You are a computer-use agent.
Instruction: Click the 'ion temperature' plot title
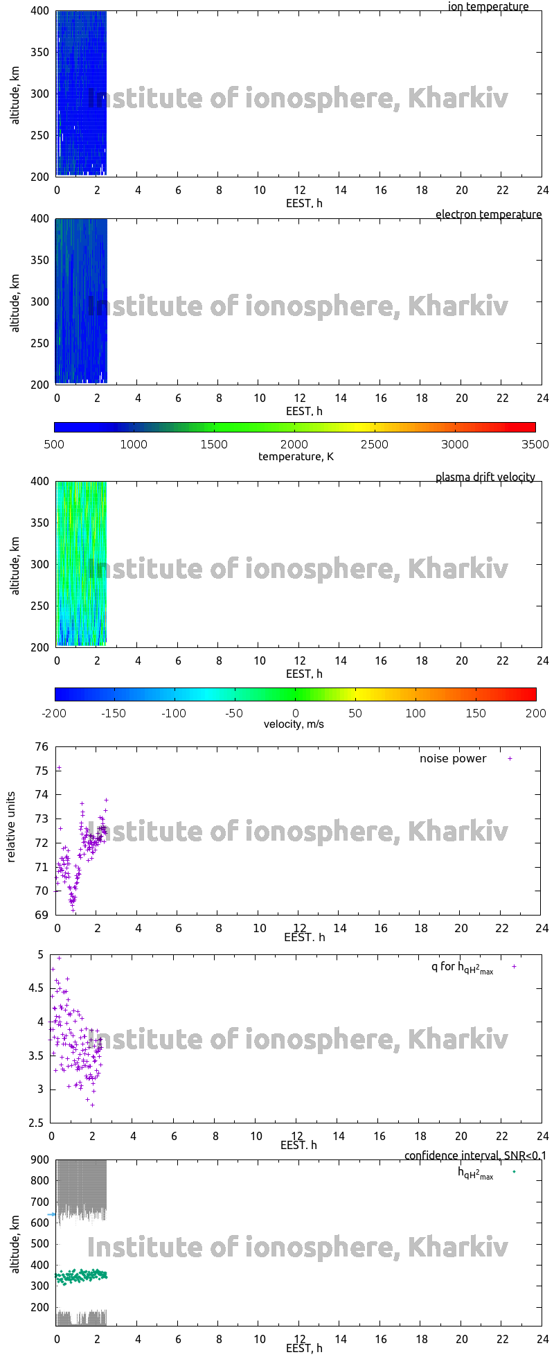pos(488,7)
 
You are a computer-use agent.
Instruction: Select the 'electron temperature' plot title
pos(488,215)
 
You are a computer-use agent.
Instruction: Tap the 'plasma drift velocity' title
pos(485,478)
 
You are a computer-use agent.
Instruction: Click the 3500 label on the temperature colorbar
pos(535,445)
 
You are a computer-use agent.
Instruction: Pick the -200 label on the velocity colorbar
pos(55,713)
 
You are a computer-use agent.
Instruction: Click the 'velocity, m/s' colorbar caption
pos(294,725)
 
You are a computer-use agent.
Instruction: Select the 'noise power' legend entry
pos(453,759)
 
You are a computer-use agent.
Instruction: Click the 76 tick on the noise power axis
pos(42,746)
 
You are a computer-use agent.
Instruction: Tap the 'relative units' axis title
pos(11,830)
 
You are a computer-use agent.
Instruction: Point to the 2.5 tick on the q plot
pos(35,1123)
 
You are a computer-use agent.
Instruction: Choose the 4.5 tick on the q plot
pos(35,988)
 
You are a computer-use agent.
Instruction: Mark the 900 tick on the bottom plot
pos(40,1160)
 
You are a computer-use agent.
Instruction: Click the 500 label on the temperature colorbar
pos(54,445)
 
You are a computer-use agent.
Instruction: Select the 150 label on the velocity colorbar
pos(475,713)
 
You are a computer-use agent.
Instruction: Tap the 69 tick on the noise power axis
pos(42,916)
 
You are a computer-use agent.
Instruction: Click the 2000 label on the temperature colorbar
pos(294,445)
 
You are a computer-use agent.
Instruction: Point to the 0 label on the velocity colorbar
pos(295,713)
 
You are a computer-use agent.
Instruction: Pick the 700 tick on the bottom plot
pos(40,1202)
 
